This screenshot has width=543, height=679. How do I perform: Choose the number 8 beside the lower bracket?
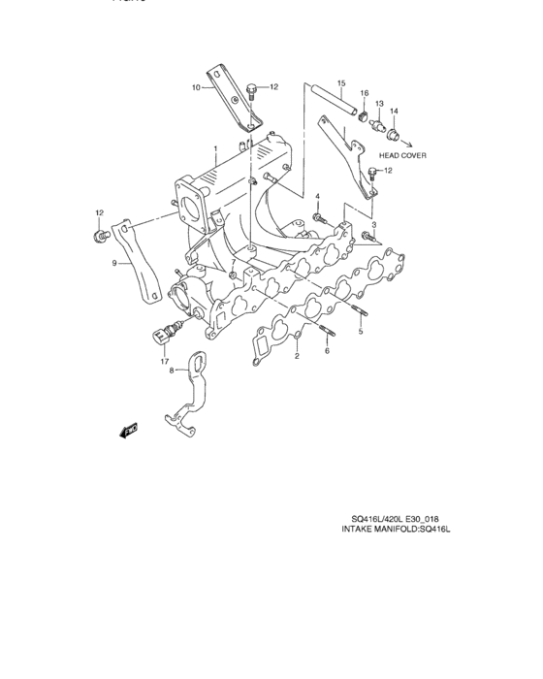click(x=173, y=371)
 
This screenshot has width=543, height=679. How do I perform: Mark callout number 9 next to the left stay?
click(x=114, y=263)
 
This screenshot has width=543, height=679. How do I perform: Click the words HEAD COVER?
click(x=402, y=155)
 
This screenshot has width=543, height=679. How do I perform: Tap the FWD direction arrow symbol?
click(x=129, y=429)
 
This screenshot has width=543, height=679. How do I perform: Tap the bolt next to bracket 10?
click(x=250, y=94)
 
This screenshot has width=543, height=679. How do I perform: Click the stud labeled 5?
click(x=361, y=313)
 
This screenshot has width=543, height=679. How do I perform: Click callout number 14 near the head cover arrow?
click(x=394, y=111)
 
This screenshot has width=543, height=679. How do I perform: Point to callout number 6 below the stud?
click(x=327, y=351)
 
